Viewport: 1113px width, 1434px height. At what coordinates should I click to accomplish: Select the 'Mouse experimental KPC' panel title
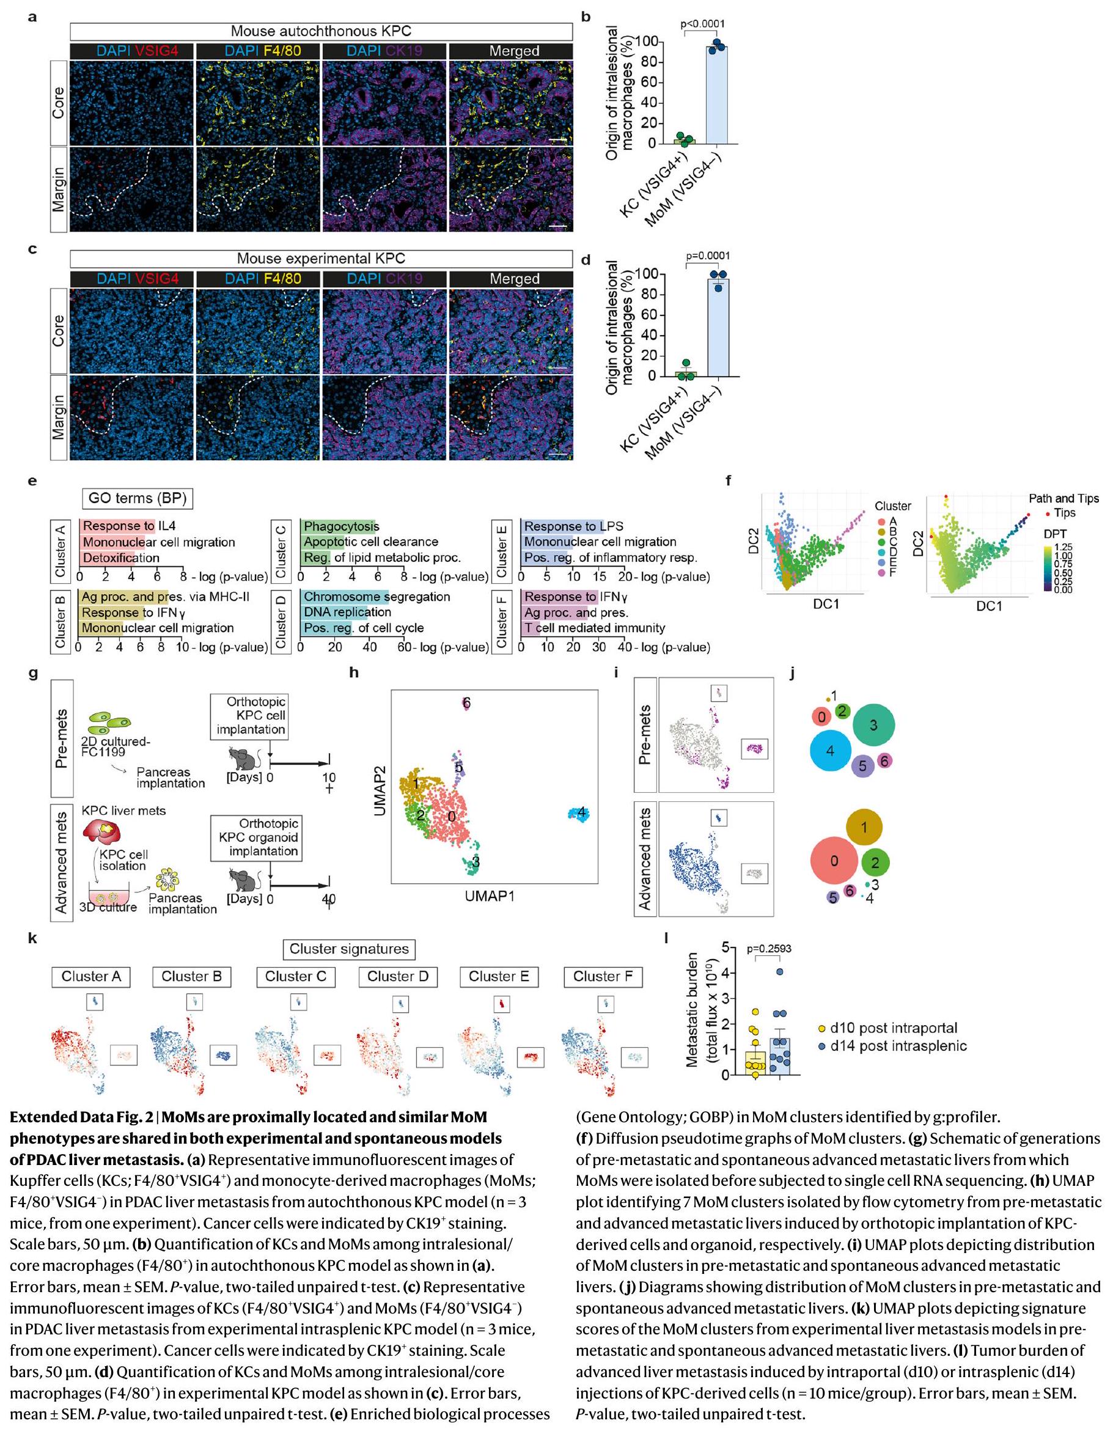pos(321,259)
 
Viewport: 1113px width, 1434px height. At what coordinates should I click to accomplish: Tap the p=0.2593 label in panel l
pos(769,949)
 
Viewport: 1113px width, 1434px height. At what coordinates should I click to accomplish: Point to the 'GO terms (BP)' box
pos(138,498)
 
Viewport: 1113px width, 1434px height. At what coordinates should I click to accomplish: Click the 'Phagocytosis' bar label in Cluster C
pos(342,526)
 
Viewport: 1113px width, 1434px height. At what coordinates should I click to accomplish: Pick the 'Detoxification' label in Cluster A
pos(121,558)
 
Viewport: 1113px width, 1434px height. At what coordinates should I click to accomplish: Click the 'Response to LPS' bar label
pos(573,526)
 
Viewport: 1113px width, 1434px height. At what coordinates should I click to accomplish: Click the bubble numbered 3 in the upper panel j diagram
pos(873,726)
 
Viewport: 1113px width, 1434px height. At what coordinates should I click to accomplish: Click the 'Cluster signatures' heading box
pos(348,949)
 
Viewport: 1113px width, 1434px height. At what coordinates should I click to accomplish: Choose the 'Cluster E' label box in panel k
pos(499,976)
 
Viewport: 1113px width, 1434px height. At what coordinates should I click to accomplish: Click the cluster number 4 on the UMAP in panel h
pos(581,814)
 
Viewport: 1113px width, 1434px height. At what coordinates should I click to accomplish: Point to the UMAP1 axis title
pos(490,895)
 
